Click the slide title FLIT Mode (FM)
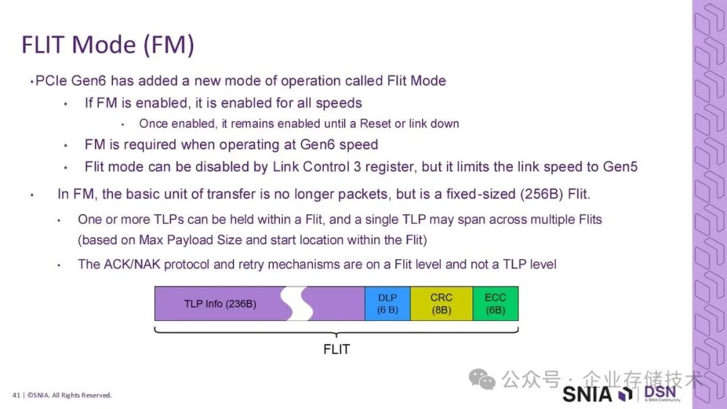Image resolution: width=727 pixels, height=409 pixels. point(108,44)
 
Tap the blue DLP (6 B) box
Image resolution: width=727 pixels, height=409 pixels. point(388,303)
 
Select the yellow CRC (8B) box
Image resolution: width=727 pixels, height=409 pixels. point(441,303)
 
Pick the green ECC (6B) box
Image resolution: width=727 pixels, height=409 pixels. point(495,303)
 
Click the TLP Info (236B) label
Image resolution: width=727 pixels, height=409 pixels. point(220,304)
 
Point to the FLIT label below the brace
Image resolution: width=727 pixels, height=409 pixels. point(337,350)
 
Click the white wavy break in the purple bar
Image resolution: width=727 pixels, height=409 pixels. point(297,303)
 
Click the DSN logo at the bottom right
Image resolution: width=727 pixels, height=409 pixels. point(660,393)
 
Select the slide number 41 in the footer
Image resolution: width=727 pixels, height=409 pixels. point(15,395)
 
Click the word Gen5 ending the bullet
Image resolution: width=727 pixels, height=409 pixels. point(620,166)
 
